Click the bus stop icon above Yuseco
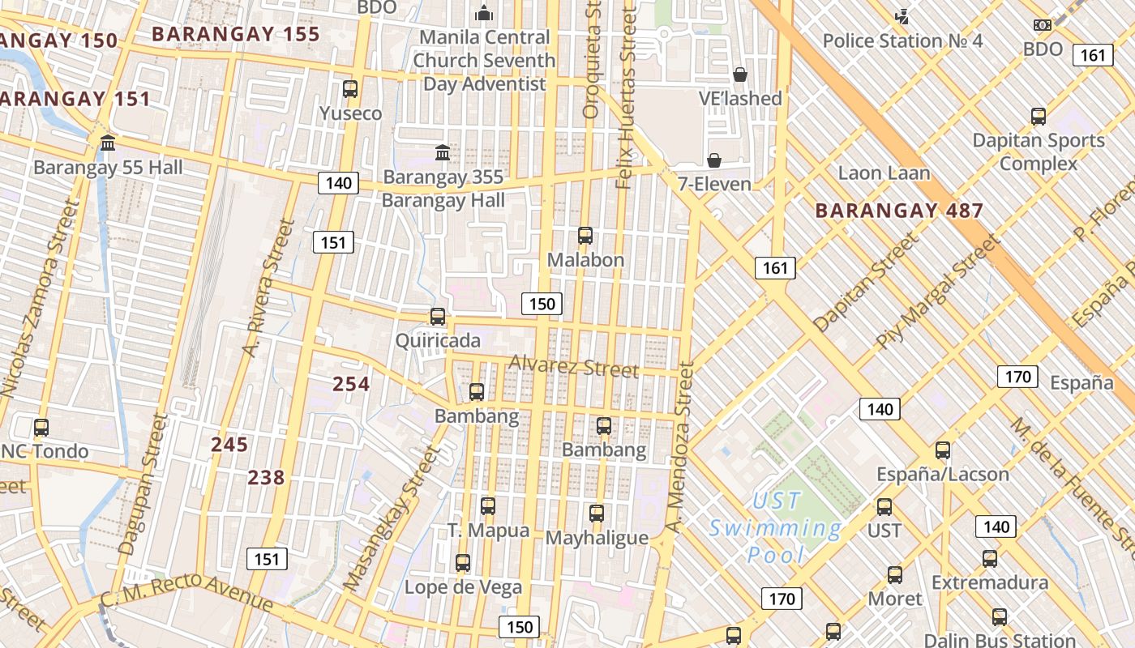point(350,89)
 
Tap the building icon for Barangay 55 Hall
point(108,143)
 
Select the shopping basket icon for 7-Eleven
point(714,160)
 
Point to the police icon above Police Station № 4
point(902,16)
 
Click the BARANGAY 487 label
point(899,211)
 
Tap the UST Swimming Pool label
point(776,528)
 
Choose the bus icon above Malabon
point(585,236)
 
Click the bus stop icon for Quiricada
point(438,317)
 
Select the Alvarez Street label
point(573,367)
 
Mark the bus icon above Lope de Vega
point(463,563)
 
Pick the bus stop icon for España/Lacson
point(943,450)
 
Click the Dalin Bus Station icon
point(1000,617)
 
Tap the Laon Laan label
point(884,173)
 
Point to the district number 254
point(351,384)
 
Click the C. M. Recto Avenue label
point(186,593)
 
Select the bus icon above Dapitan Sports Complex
point(1039,116)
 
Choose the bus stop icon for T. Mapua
point(488,506)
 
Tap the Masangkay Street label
point(390,518)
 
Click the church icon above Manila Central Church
point(484,13)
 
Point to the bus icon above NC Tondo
point(41,427)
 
